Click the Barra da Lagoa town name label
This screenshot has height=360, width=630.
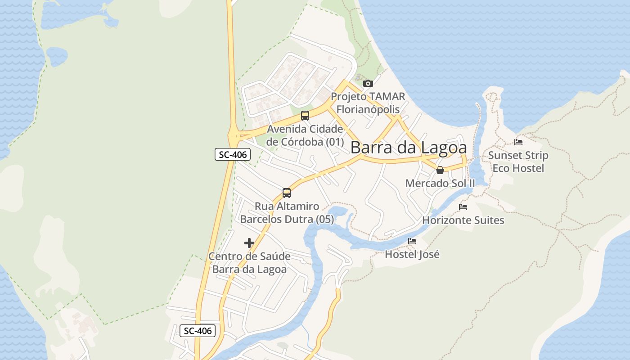coord(408,148)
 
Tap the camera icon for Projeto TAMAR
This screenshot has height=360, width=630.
coord(368,83)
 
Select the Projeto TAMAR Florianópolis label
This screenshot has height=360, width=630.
coord(368,103)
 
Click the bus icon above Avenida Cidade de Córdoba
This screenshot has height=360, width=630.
coord(305,116)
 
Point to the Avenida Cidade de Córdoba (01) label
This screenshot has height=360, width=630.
coord(305,135)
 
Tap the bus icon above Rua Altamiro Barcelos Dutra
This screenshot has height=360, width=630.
coord(287,193)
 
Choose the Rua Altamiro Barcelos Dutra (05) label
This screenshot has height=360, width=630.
coord(287,213)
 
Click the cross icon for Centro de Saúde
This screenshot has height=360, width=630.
coord(249,243)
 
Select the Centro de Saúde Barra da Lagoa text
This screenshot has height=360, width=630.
coord(249,263)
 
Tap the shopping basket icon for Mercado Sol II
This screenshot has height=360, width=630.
coord(440,170)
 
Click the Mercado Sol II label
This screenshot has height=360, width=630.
coord(440,184)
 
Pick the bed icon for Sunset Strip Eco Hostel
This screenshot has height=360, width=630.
coord(518,142)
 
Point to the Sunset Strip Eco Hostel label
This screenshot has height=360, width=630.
coord(518,162)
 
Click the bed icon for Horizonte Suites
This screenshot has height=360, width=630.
coord(463,207)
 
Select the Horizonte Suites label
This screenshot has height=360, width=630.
coord(463,220)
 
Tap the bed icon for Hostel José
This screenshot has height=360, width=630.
coord(412,241)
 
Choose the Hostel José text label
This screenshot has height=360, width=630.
coord(412,254)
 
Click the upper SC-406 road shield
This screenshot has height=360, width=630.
coord(232,155)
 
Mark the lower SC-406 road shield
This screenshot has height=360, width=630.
coord(198,331)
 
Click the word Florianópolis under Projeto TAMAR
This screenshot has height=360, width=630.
coord(368,109)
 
